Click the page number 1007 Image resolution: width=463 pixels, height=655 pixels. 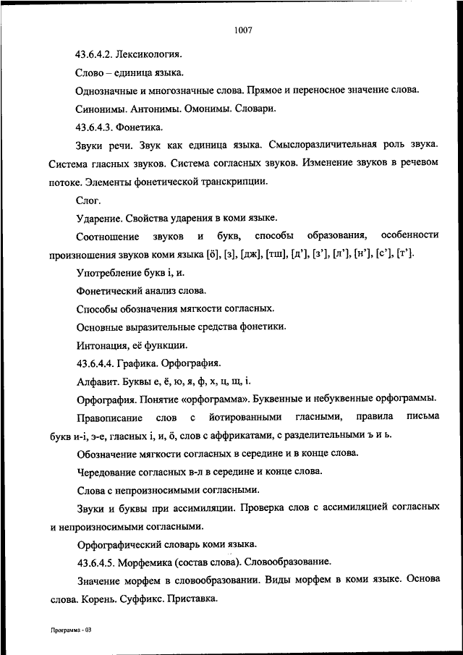pyautogui.click(x=242, y=30)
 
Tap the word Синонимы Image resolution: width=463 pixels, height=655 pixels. pyautogui.click(x=99, y=109)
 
